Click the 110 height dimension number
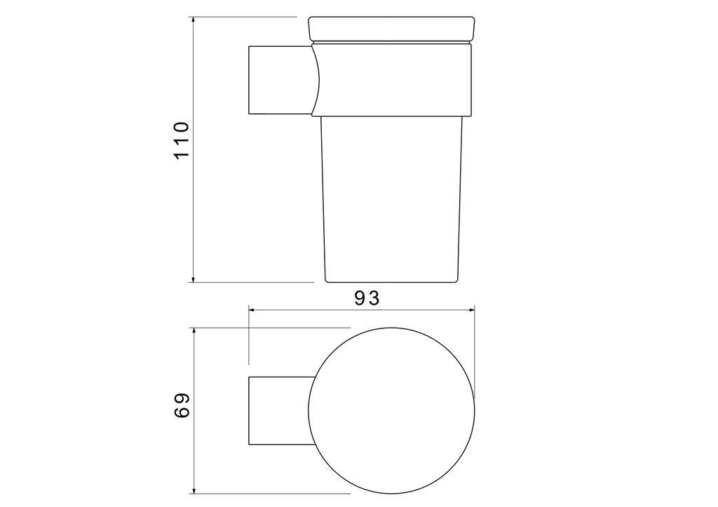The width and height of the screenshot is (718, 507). [182, 140]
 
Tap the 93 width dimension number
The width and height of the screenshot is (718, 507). [366, 298]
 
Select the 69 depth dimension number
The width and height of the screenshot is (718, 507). [182, 405]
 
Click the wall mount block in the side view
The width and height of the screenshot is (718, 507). [278, 80]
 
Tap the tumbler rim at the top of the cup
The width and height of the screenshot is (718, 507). [391, 29]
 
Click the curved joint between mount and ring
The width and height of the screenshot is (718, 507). [316, 80]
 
